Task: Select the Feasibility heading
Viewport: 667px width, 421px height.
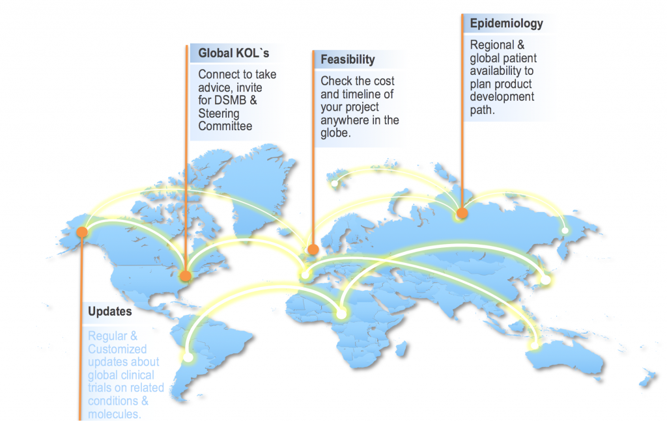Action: [348, 60]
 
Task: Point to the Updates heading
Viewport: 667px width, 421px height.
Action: [109, 312]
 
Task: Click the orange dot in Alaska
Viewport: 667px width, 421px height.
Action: [82, 232]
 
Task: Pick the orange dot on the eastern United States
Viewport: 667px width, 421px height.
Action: [186, 275]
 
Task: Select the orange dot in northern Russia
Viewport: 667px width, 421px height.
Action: [462, 213]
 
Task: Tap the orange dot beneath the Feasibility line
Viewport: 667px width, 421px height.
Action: [313, 249]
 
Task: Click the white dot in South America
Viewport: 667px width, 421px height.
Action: [188, 357]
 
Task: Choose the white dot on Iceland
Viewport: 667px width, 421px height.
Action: [334, 183]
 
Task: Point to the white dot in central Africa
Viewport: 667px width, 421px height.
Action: [341, 314]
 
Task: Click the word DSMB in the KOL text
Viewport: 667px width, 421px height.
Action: [233, 101]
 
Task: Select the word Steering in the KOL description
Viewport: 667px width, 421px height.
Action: [219, 114]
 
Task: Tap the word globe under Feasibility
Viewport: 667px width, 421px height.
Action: [335, 133]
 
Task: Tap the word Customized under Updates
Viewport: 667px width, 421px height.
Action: [118, 349]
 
